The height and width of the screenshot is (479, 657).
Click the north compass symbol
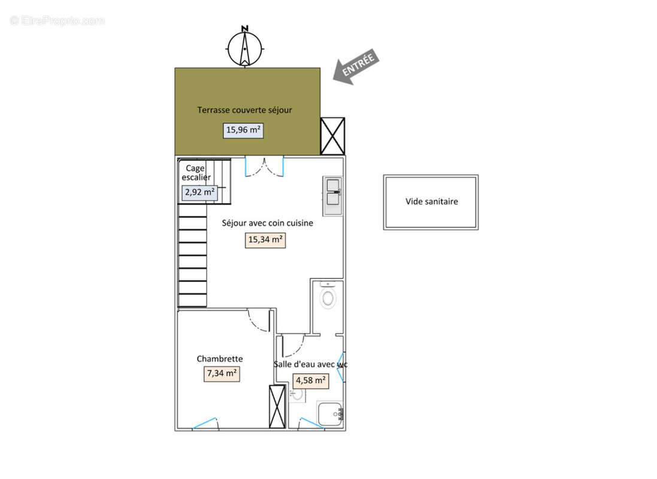pos(245,47)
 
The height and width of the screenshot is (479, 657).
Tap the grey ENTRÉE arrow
pos(356,67)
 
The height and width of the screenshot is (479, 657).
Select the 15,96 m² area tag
pos(243,131)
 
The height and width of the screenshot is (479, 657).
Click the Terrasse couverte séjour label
pos(244,110)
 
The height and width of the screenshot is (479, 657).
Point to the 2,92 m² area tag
pos(199,192)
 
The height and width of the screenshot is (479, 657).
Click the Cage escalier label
pos(196,172)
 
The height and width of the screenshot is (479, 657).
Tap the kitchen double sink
pos(333,196)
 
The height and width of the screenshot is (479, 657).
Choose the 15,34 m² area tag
pos(265,240)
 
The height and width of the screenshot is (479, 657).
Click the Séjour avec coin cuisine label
pos(267,223)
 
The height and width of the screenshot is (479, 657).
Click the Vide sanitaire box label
pos(432,202)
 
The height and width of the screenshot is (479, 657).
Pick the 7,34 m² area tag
pos(222,374)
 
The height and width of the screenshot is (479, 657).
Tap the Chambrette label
pos(220,359)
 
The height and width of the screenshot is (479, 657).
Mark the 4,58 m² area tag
pos(310,381)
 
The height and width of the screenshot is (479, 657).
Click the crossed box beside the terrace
pos(332,136)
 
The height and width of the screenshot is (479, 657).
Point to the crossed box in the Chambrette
pos(277,407)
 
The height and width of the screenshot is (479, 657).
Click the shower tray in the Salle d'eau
pos(330,414)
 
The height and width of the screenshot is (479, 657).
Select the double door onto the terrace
pos(264,166)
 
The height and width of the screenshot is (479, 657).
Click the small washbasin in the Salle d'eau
pos(297,395)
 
